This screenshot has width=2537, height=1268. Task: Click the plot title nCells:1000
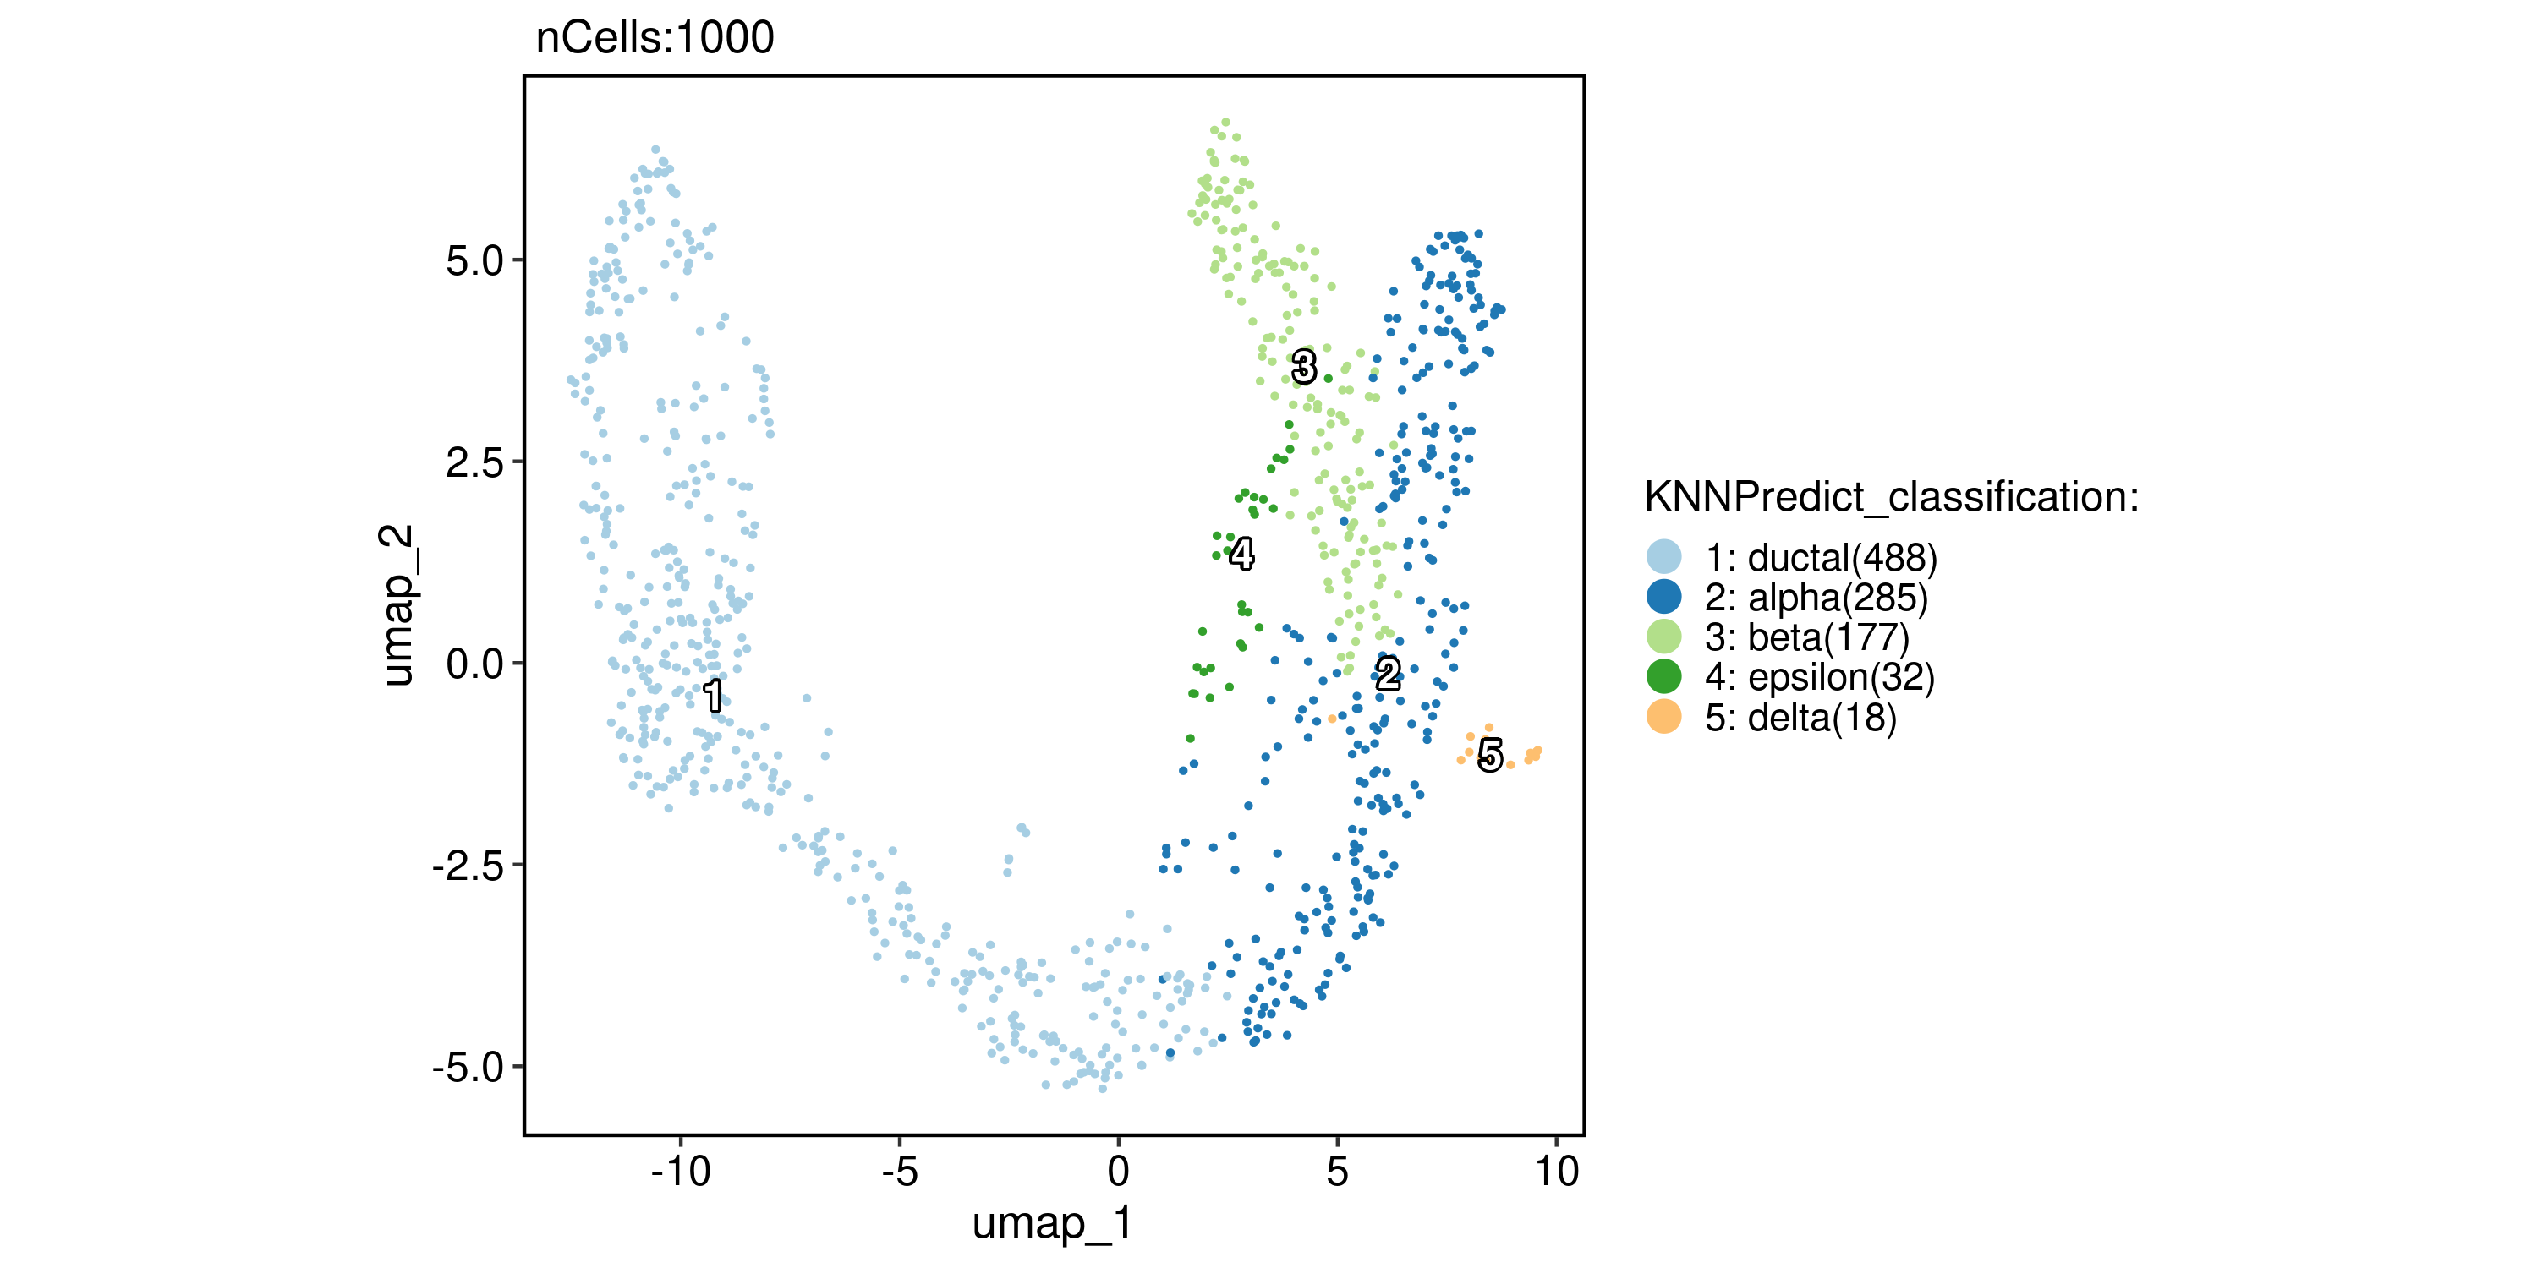[655, 38]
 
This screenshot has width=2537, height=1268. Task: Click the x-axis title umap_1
[1052, 1224]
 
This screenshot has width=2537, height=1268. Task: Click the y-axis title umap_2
[397, 604]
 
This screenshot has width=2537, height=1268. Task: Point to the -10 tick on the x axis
[681, 1172]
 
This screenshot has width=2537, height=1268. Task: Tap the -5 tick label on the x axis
[899, 1172]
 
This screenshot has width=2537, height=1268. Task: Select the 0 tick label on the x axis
[1118, 1172]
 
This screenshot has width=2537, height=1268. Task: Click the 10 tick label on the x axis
[1557, 1172]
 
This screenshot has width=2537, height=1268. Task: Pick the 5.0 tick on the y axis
[474, 261]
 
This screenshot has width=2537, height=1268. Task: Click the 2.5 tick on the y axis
[474, 462]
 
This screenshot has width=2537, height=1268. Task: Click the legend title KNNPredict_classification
[1891, 497]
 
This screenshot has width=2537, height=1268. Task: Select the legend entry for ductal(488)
[1821, 558]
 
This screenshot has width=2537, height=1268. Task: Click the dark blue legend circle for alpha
[1663, 598]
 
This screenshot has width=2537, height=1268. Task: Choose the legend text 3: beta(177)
[1807, 638]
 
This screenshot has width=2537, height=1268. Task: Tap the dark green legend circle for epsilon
[1663, 677]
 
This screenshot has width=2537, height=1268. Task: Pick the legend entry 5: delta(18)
[1800, 718]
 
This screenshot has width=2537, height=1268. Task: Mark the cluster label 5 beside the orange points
[1490, 755]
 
